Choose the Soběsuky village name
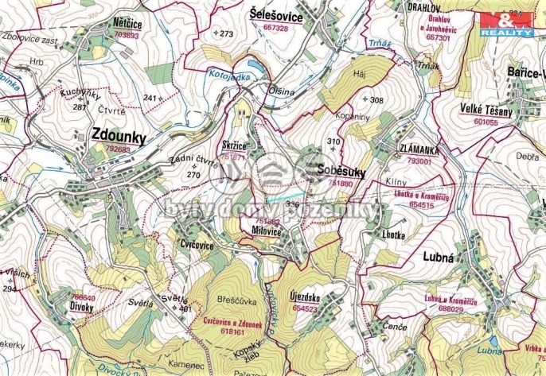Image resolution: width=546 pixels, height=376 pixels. [x=340, y=171]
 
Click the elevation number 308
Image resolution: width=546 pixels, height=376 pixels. [x=376, y=100]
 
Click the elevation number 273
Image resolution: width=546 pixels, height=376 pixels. [x=227, y=33]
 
